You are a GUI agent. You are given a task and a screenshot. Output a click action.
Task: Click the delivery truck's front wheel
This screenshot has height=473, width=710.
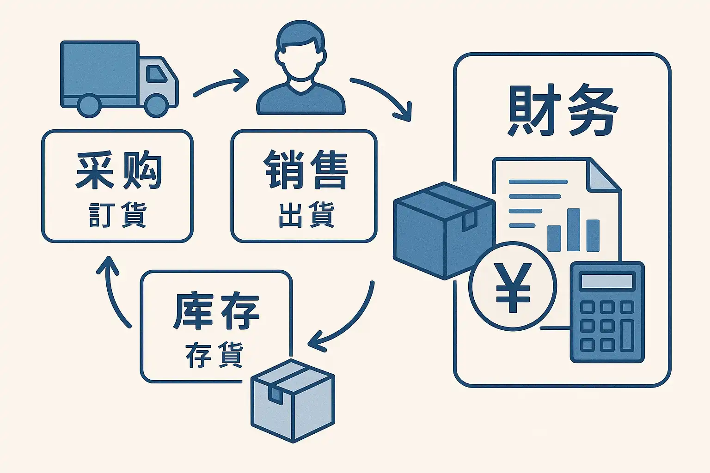click(x=156, y=105)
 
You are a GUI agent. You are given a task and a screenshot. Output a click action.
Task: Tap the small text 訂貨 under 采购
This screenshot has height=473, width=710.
click(x=117, y=214)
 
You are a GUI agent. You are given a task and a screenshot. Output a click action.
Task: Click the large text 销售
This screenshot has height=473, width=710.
click(x=306, y=169)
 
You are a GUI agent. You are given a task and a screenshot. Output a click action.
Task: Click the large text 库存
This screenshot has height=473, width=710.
click(x=216, y=310)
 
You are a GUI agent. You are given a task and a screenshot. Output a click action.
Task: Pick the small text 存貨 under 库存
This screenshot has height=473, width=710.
click(x=214, y=355)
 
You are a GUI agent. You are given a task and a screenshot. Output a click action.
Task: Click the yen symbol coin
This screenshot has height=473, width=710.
click(x=512, y=286)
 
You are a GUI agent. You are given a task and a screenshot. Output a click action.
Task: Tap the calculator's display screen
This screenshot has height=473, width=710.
click(x=607, y=280)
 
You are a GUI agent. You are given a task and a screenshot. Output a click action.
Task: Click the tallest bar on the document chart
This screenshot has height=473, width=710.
click(x=573, y=230)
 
